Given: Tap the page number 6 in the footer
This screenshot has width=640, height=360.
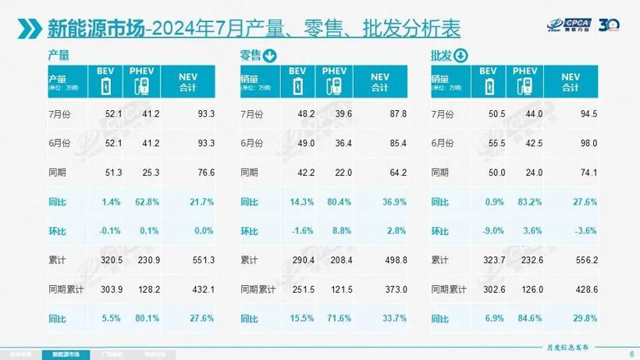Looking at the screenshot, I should [630, 352].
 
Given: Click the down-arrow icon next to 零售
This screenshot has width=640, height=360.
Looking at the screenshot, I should [270, 55].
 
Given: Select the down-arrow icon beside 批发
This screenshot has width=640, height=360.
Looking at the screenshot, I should [460, 55].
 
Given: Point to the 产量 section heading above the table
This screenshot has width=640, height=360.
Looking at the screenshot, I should [59, 55].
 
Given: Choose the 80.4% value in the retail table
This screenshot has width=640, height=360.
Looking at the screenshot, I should [340, 203].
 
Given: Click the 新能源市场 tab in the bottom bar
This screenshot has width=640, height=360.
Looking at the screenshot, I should [66, 353].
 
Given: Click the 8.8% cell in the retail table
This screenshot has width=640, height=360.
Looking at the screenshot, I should [342, 232].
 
